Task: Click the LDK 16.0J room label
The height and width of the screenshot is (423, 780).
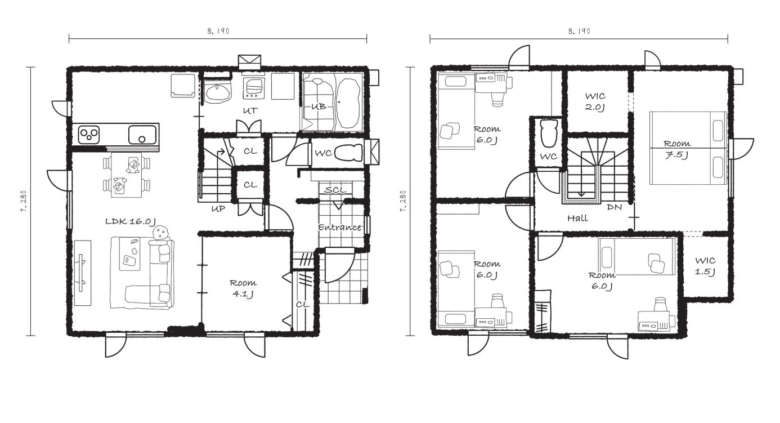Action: pyautogui.click(x=131, y=221)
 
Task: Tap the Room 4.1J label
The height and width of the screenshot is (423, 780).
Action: pyautogui.click(x=243, y=288)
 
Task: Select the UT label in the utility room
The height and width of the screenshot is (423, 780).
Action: pyautogui.click(x=250, y=111)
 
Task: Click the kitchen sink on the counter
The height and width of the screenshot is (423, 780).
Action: pyautogui.click(x=142, y=135)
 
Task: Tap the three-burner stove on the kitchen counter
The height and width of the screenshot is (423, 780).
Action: pyautogui.click(x=89, y=135)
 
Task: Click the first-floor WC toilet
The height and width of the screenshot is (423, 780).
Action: pyautogui.click(x=348, y=153)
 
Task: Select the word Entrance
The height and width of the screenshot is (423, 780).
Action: pyautogui.click(x=339, y=228)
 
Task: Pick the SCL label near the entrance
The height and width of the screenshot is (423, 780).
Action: pyautogui.click(x=335, y=190)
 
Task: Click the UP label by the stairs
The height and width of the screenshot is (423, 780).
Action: pyautogui.click(x=218, y=209)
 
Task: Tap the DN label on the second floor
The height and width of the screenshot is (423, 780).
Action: pyautogui.click(x=614, y=207)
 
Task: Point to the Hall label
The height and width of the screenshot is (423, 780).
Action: pyautogui.click(x=577, y=219)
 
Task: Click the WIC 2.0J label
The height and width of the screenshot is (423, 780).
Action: pyautogui.click(x=595, y=101)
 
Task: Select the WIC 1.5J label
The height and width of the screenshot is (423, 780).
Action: pyautogui.click(x=705, y=266)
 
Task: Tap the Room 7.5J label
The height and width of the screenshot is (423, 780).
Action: pyautogui.click(x=676, y=149)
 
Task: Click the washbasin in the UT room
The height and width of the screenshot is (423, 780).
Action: pyautogui.click(x=218, y=93)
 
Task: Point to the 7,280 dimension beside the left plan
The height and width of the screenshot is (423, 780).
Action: pyautogui.click(x=24, y=201)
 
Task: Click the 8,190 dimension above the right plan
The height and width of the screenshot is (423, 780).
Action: pyautogui.click(x=579, y=32)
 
